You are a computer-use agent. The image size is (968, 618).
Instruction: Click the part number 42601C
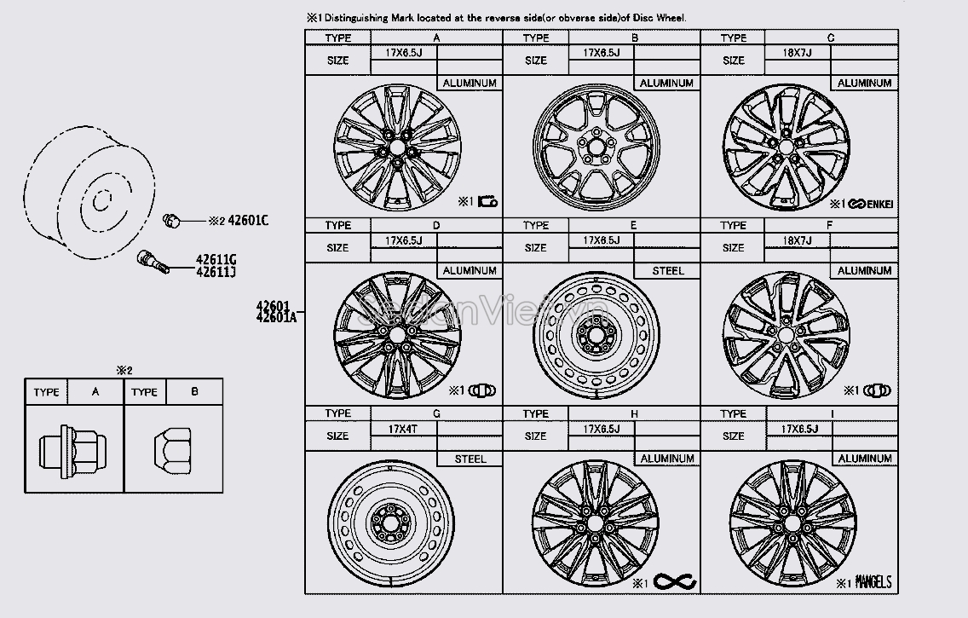click(x=248, y=221)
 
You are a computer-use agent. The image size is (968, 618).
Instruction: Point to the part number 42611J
click(x=216, y=273)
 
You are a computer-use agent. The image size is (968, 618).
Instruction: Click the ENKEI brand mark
click(x=869, y=204)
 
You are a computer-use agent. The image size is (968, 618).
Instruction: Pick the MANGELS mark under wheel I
click(x=871, y=583)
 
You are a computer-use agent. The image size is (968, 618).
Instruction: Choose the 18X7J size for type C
click(x=797, y=53)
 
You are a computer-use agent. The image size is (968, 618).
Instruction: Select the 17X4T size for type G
click(x=400, y=429)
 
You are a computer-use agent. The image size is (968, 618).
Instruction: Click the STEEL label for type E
click(x=668, y=271)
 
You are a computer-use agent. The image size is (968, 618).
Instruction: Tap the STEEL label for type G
click(x=470, y=459)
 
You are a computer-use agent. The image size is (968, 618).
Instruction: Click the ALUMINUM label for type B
click(x=667, y=84)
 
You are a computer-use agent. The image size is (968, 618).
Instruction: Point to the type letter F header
click(x=831, y=226)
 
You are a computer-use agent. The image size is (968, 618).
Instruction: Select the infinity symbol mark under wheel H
click(x=676, y=582)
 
